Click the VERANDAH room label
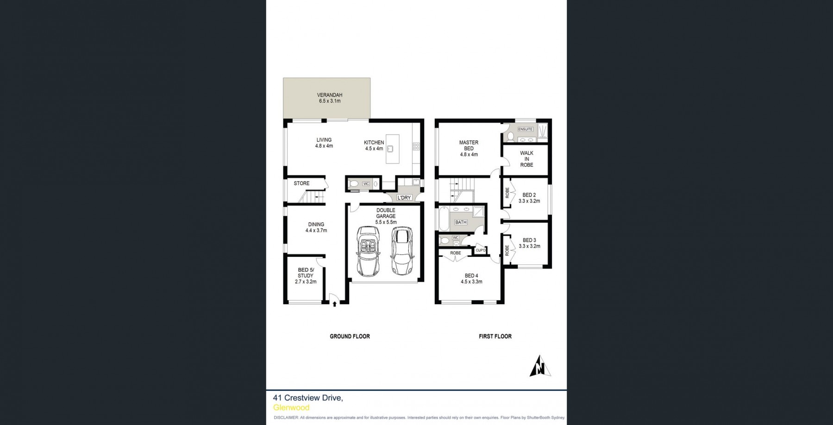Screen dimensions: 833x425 tap(329, 95)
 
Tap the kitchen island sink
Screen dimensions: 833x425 tap(390, 149)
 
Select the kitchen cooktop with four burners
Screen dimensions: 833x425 tap(416, 146)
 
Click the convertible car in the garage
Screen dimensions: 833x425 tap(368, 251)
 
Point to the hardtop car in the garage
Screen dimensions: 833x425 tap(401, 250)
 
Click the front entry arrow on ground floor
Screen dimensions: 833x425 tap(334, 304)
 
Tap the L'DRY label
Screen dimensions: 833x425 tap(404, 198)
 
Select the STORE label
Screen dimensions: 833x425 tap(301, 183)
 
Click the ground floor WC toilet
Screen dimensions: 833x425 tap(354, 184)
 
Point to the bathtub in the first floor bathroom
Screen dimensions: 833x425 tap(444, 219)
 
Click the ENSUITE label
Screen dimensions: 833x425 tap(525, 129)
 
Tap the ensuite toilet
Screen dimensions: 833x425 tap(509, 136)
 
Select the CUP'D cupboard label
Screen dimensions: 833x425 tap(481, 250)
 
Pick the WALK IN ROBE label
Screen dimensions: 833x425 tap(526, 159)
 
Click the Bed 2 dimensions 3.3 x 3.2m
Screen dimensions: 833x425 tap(529, 201)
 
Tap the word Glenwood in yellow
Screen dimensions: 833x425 tap(291, 408)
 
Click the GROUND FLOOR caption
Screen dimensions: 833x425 tap(350, 337)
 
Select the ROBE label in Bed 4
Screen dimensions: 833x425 tap(456, 253)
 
